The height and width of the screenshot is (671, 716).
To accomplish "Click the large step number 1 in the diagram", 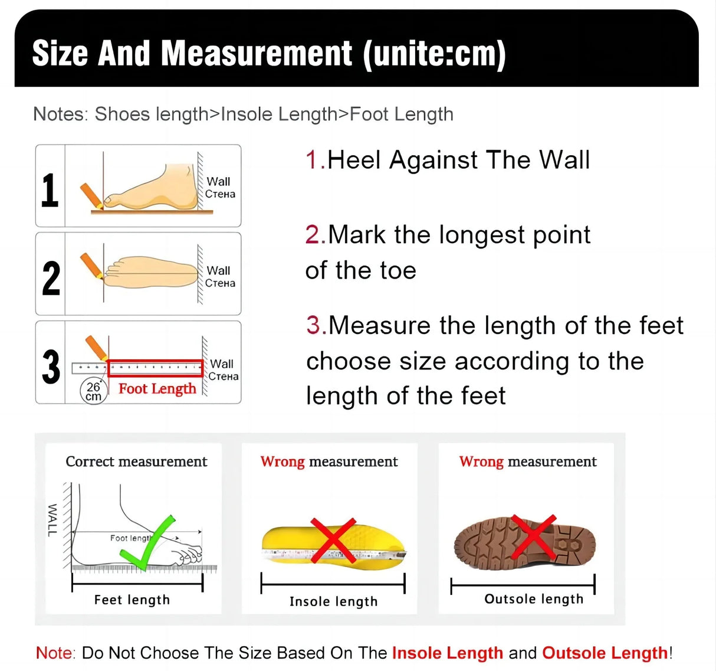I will point(50,190).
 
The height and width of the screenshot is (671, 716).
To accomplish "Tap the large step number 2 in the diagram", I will point(51,278).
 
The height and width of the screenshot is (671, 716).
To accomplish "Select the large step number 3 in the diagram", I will point(51,366).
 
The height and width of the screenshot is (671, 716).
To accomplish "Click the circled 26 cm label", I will point(93,391).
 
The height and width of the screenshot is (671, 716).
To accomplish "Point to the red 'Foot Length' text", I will point(157,388).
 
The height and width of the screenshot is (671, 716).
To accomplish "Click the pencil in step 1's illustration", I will point(91,195).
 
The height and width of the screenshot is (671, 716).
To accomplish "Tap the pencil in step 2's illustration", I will point(91,266).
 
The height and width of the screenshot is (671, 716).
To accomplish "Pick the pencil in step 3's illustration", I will point(96,347).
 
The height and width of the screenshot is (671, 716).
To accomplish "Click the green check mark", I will point(148,543).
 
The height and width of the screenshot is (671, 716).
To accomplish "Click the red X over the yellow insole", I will point(333,540).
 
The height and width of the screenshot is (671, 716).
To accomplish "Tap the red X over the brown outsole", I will point(534,536).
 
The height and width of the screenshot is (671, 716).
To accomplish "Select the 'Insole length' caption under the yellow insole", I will point(333,601).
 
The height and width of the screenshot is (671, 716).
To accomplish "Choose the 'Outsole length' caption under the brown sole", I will point(534,599).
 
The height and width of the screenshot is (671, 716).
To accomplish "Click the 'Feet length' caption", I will point(132,600).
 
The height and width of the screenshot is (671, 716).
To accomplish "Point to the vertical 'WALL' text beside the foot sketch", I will point(52,520).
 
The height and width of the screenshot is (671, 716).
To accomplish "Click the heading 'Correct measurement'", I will point(136,461).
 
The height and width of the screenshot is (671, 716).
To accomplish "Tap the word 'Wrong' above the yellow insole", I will point(283,461).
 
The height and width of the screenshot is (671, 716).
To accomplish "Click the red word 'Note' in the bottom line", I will point(55,653).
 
